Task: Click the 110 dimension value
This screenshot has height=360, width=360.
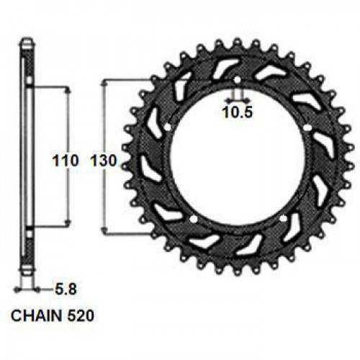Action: (x=66, y=162)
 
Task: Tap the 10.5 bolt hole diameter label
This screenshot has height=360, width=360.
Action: (x=237, y=112)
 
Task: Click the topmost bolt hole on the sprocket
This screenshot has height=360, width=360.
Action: (x=237, y=78)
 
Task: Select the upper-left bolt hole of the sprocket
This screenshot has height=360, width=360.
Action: (x=168, y=128)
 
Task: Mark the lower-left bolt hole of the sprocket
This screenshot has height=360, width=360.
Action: (x=194, y=218)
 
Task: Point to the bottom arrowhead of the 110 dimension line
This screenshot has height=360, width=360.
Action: (x=69, y=224)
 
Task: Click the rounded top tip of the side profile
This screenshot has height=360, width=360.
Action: (x=26, y=41)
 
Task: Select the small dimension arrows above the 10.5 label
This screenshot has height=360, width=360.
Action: (x=237, y=97)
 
